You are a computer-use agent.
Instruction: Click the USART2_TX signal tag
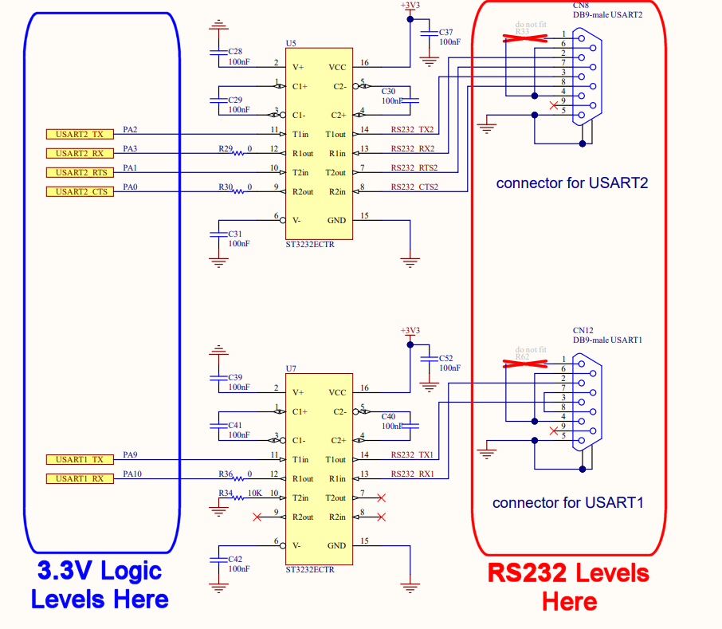(80, 134)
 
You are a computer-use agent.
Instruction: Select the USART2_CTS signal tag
(80, 191)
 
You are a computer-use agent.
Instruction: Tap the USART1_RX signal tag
(80, 478)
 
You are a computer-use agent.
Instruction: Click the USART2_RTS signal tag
(80, 172)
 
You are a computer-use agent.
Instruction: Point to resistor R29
(237, 152)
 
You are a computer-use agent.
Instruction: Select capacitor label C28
(235, 51)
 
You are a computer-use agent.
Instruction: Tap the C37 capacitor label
(446, 32)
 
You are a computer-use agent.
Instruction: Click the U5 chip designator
(291, 42)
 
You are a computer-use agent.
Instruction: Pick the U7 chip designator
(291, 368)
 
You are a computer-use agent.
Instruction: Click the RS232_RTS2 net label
(412, 167)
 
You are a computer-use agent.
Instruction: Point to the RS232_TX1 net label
(412, 454)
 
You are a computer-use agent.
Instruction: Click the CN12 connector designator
(583, 330)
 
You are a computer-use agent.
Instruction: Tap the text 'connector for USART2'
(571, 183)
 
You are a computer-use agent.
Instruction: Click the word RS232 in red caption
(527, 572)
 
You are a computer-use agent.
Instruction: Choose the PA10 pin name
(131, 474)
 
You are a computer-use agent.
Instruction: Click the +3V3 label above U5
(410, 5)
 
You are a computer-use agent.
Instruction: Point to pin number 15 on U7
(364, 541)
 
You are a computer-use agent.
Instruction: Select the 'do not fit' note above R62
(531, 349)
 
